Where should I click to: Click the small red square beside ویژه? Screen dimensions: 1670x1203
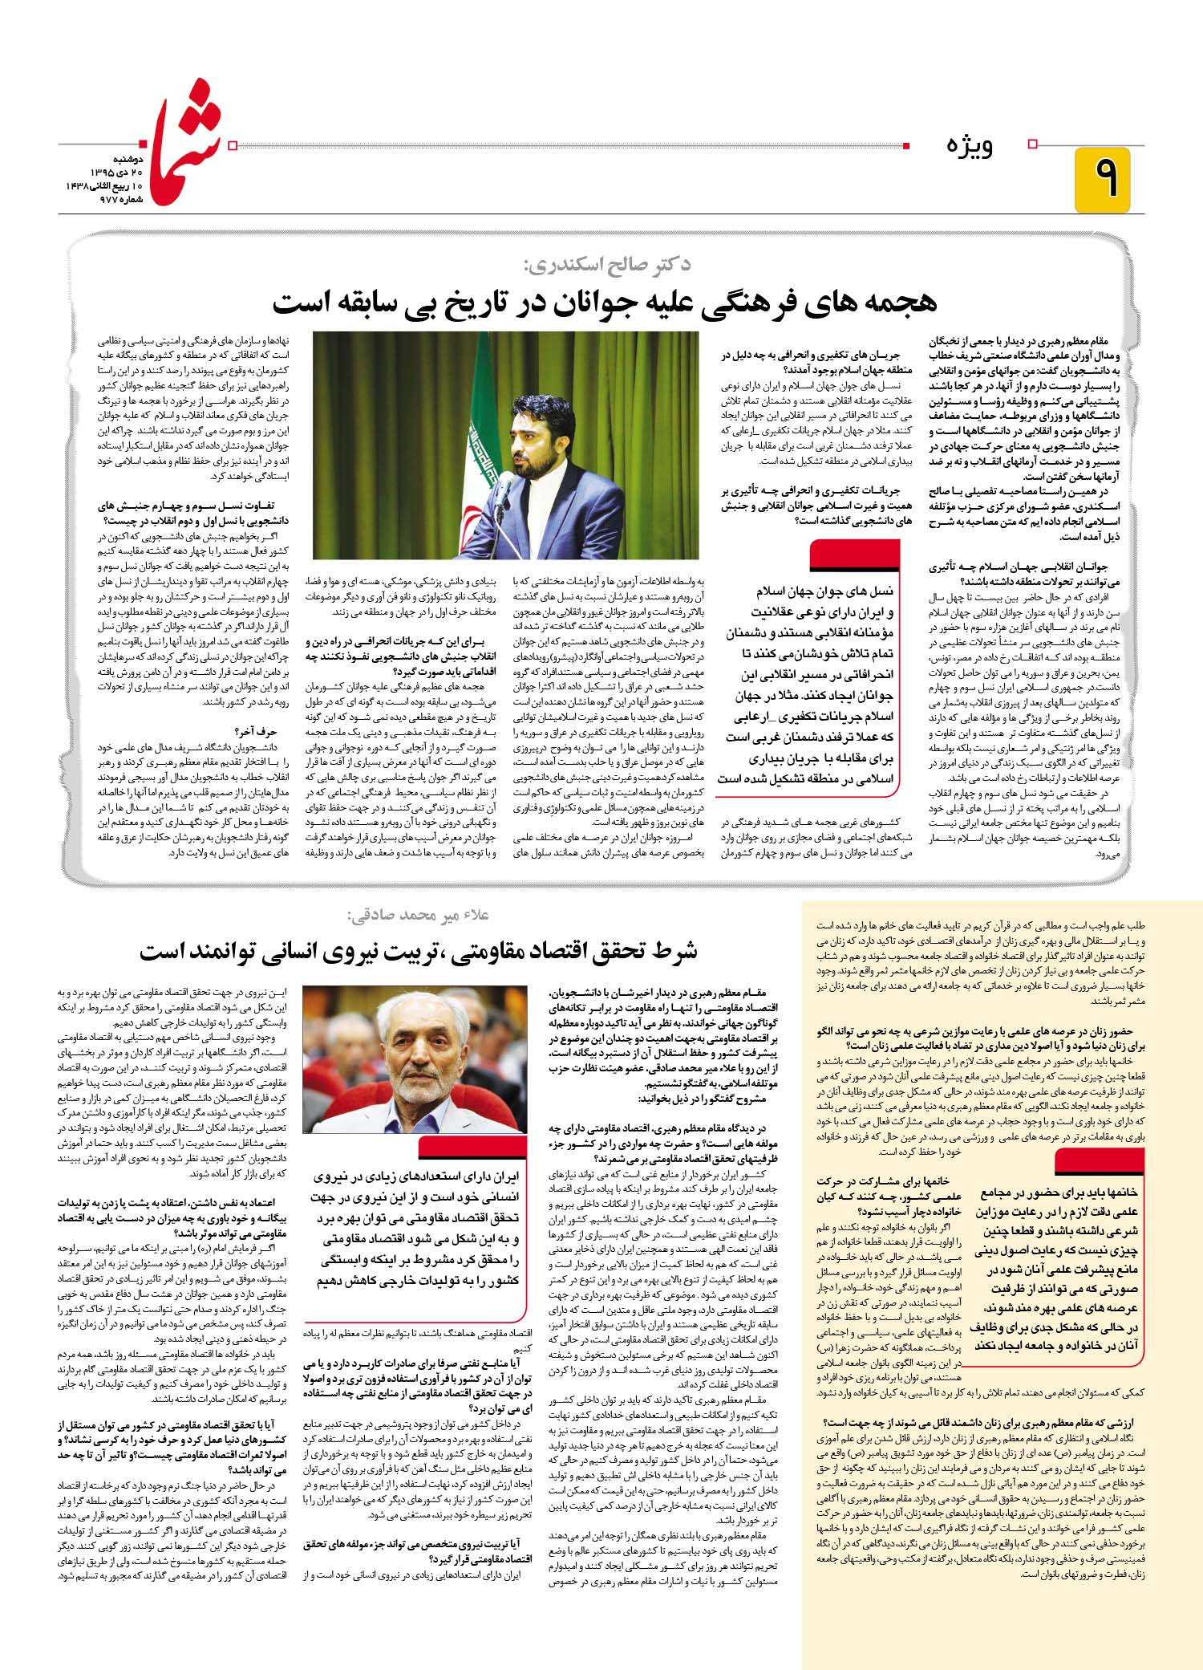pos(1033,144)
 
